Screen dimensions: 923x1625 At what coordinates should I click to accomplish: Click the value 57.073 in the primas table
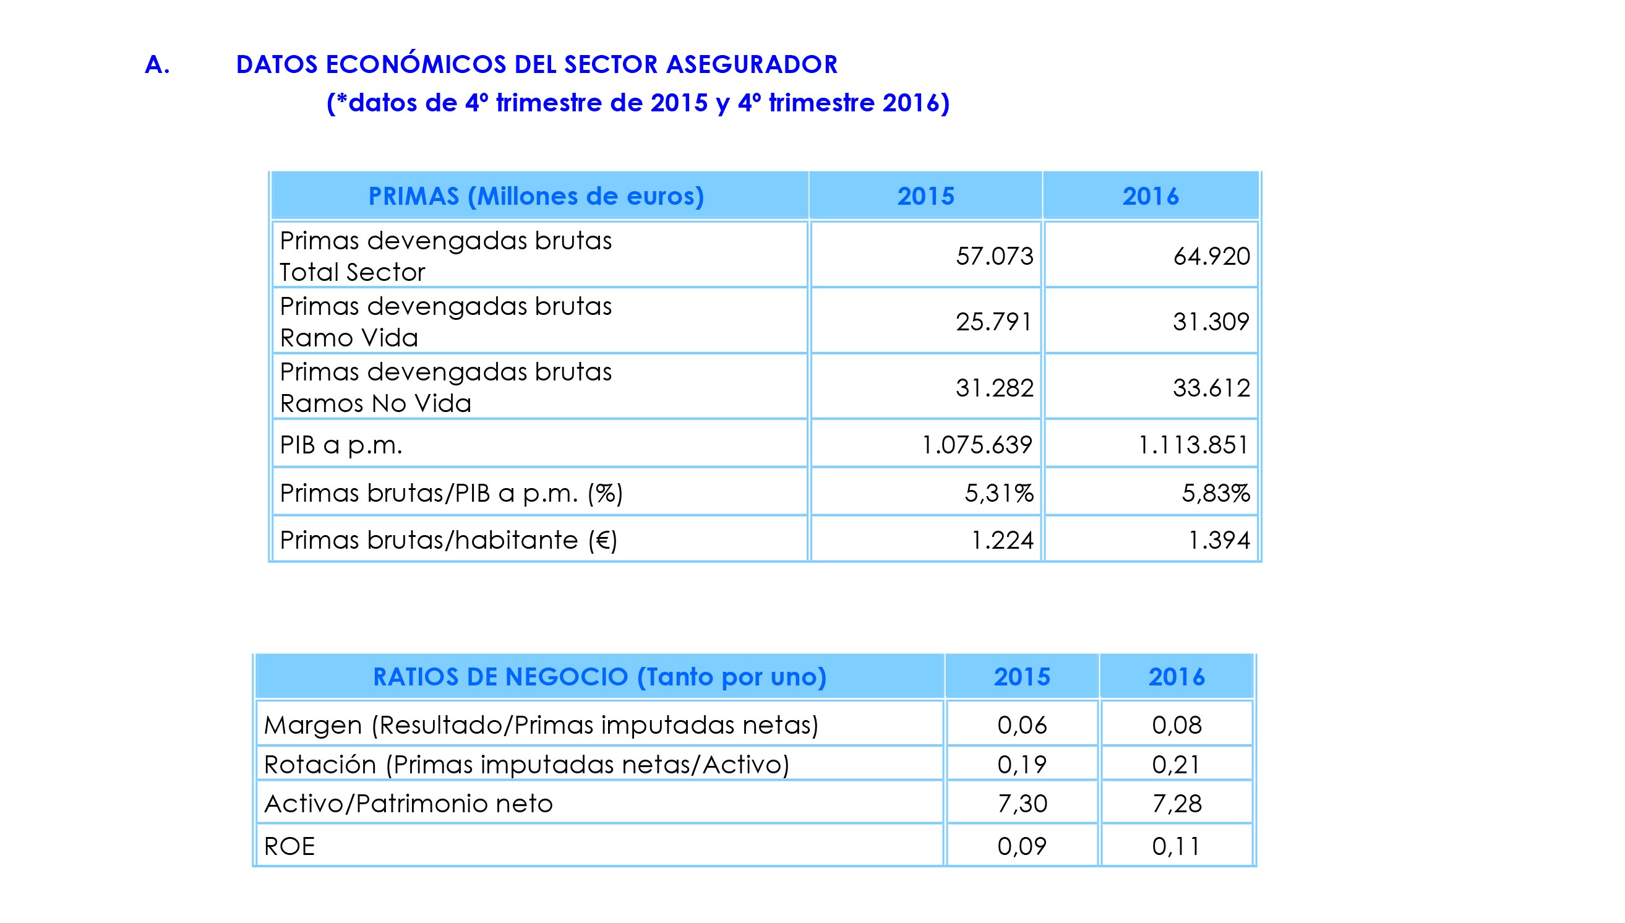coord(994,256)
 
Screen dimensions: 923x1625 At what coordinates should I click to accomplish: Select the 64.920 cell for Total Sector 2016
coord(1211,256)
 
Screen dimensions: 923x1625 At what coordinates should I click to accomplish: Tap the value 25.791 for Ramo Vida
coord(994,322)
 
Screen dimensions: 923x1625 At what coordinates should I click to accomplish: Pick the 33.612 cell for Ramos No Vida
coord(1211,388)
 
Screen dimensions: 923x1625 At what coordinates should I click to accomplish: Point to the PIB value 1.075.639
coord(977,445)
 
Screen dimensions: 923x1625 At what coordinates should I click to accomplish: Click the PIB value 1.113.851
coord(1193,445)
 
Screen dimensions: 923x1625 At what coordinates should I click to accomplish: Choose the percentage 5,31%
coord(999,493)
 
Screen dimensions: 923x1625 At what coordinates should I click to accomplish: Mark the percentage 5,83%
coord(1216,493)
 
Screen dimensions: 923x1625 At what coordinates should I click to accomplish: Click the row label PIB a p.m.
coord(341,445)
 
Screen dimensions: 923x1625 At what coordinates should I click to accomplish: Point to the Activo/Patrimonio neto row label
coord(408,804)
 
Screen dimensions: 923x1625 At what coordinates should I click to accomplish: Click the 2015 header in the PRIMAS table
coord(925,197)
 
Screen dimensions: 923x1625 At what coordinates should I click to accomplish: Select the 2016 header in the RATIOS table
coord(1177,677)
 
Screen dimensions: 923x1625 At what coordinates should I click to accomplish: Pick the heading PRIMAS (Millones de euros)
coord(536,197)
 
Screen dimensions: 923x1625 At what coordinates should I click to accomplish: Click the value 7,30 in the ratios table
coord(1023,804)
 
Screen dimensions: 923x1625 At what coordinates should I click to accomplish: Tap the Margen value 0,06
coord(1023,725)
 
